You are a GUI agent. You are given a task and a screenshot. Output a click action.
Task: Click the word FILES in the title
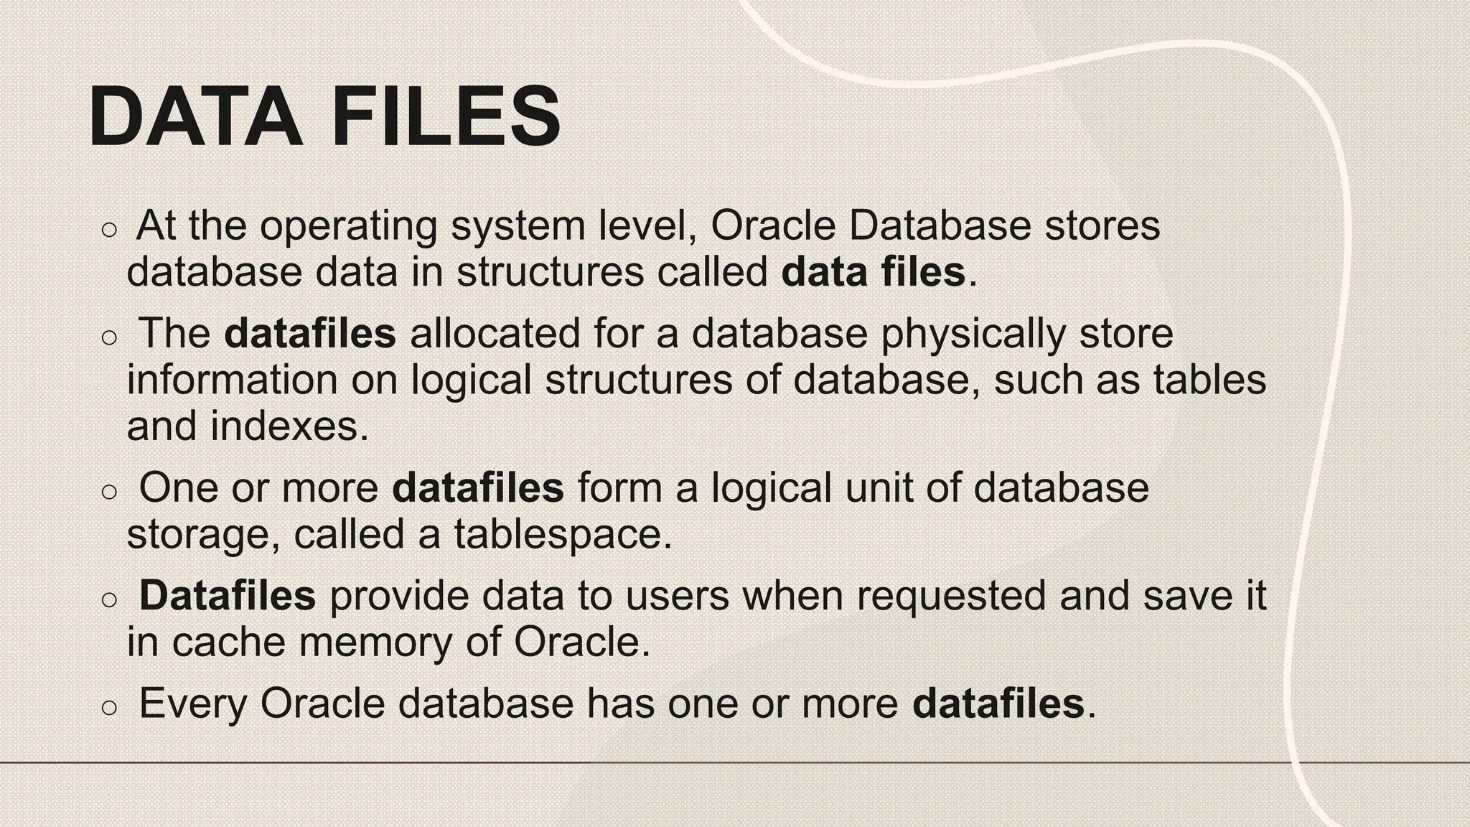[446, 116]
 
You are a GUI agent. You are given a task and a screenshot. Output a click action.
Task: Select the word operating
[348, 227]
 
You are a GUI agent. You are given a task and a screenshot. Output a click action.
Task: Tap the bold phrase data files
[873, 272]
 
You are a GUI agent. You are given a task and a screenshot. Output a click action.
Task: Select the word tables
[1209, 380]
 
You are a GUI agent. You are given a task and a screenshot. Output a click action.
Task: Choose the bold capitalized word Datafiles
[227, 595]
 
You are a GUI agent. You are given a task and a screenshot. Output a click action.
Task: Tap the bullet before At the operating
[109, 230]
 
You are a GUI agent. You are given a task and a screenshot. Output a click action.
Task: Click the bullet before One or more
[109, 492]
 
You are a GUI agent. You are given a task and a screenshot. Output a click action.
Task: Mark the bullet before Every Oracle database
[109, 707]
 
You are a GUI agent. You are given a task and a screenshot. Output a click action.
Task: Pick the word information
[232, 380]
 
